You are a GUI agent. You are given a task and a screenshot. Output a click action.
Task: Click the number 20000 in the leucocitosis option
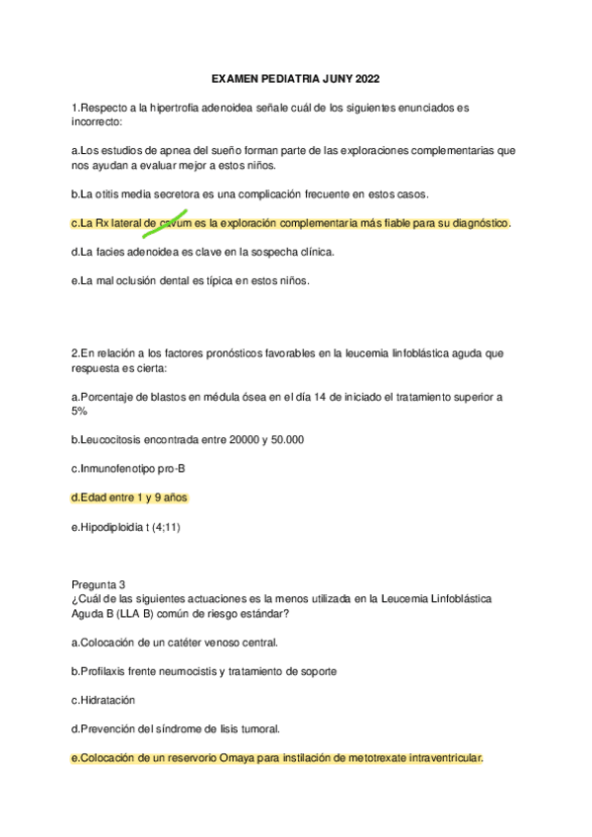click(x=251, y=439)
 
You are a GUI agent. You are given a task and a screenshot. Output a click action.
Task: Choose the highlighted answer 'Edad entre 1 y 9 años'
click(x=129, y=497)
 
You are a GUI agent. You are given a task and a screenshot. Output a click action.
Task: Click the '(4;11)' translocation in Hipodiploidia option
click(x=163, y=526)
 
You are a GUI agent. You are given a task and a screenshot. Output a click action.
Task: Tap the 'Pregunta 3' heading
click(x=99, y=584)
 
